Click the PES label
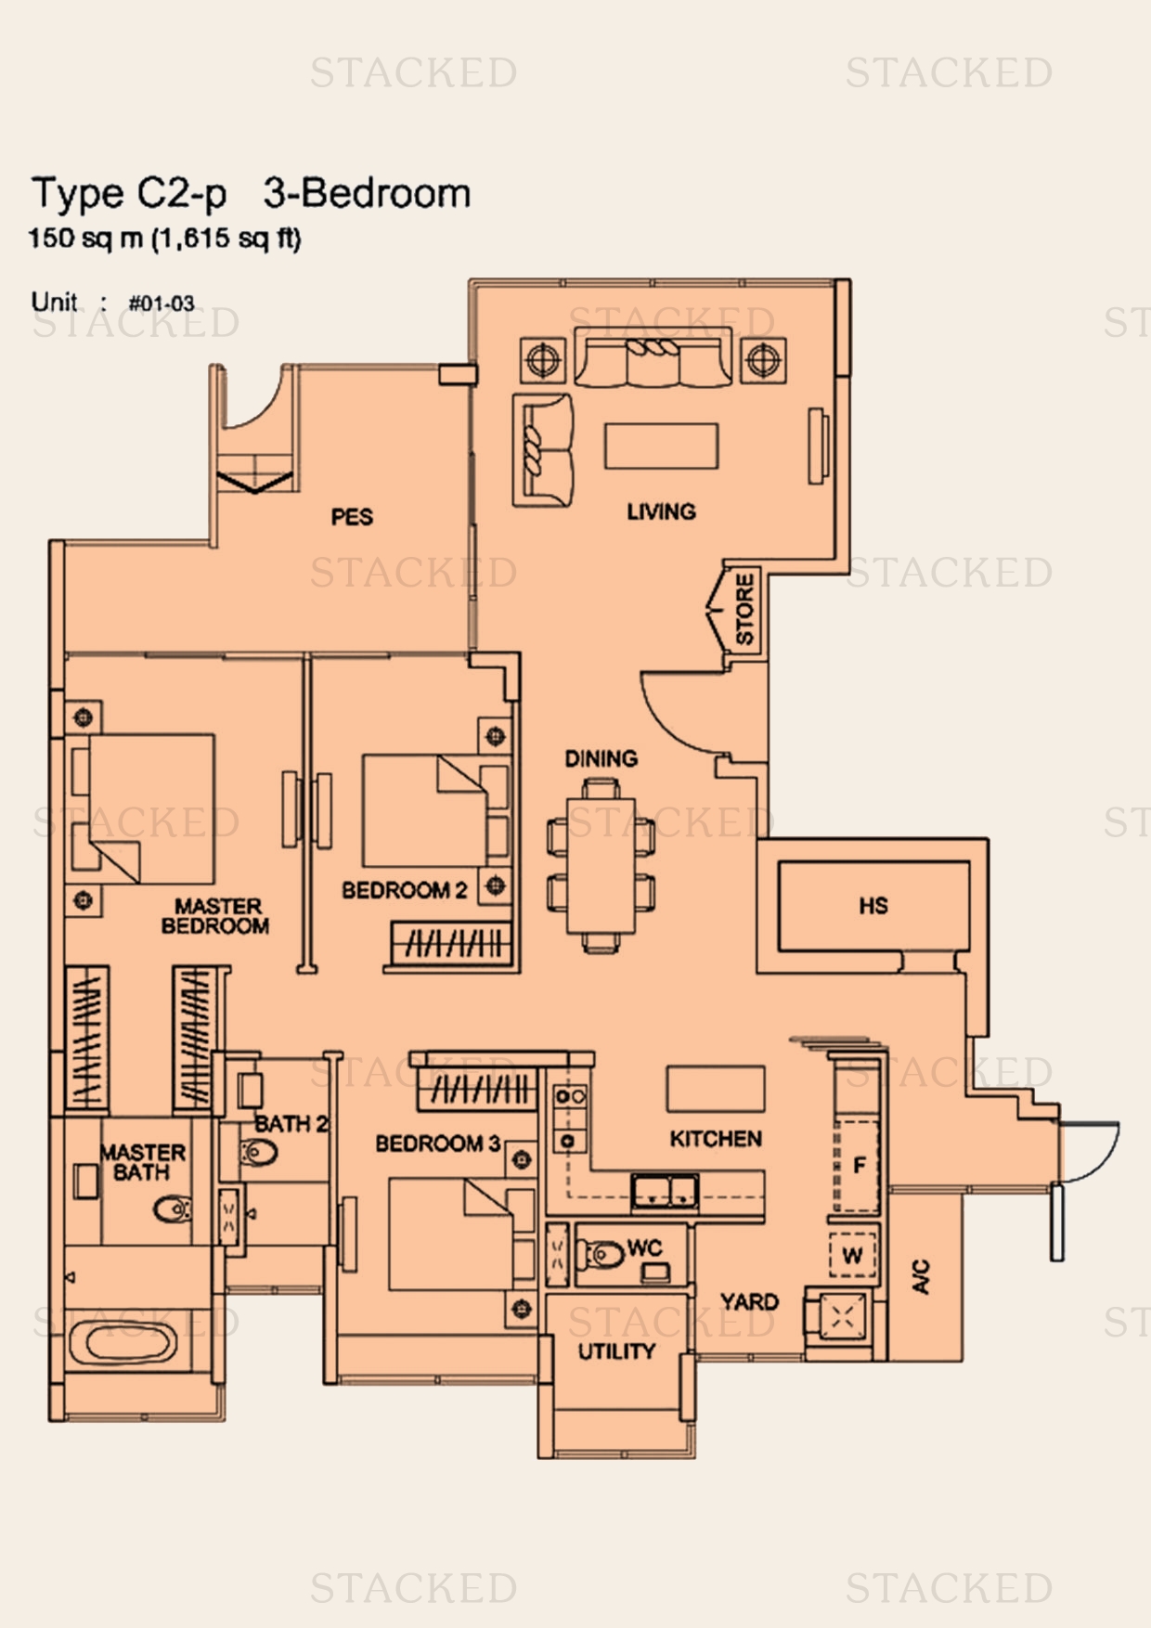352,517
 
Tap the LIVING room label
661,511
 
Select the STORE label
744,609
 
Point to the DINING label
601,758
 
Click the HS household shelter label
873,906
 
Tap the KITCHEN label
716,1139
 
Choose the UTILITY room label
616,1351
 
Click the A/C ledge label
921,1276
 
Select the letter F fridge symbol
860,1165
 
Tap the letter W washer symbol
852,1257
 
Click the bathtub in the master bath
123,1344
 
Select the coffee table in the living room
661,446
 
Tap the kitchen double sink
666,1191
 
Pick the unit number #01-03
162,304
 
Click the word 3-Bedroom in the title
368,193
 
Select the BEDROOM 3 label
438,1143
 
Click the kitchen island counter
716,1088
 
